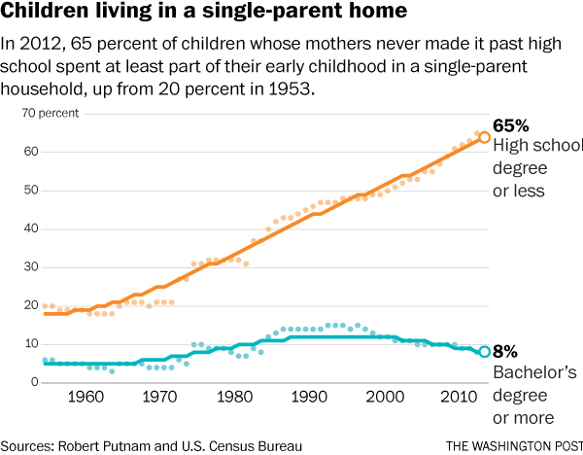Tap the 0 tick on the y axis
33,382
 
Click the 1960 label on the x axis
88,399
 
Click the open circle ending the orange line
485,137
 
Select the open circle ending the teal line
485,352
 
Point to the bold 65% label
510,126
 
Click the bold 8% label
505,353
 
